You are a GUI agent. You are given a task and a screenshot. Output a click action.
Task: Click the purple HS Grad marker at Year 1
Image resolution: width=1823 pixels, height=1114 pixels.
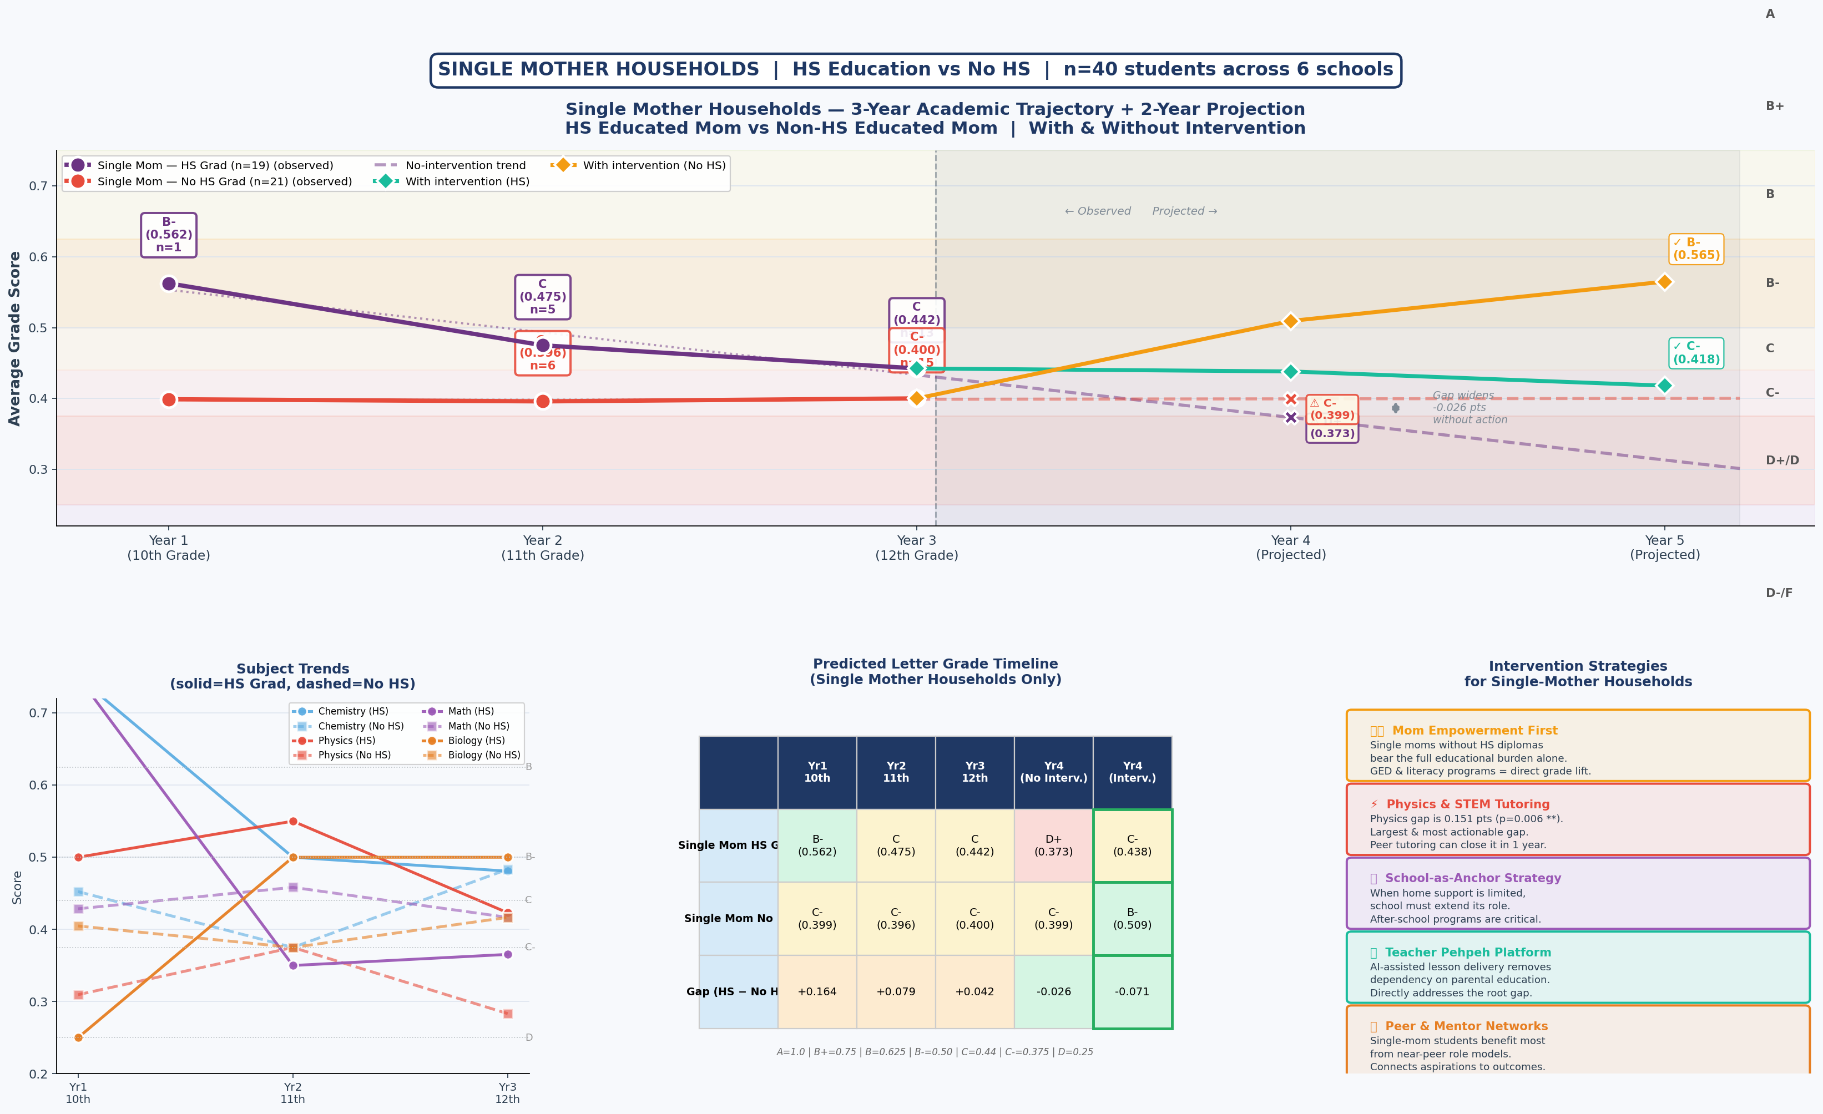pos(169,284)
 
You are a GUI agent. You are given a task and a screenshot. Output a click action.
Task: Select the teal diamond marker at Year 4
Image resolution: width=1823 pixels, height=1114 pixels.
pos(1290,371)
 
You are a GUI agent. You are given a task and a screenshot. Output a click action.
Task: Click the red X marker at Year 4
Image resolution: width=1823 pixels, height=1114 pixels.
pos(1291,399)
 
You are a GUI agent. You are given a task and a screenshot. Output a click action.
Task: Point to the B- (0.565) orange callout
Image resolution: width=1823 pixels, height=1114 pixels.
pos(1696,249)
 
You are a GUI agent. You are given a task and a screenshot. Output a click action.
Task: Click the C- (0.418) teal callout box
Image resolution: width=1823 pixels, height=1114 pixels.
pos(1696,353)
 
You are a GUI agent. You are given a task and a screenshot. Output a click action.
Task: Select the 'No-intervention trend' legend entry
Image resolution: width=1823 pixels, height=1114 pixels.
pos(464,166)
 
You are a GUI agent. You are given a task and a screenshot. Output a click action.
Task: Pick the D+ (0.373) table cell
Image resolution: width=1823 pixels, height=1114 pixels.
pos(1053,845)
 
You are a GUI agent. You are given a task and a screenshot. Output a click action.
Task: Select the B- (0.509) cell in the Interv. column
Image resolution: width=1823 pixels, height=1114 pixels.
pos(1132,919)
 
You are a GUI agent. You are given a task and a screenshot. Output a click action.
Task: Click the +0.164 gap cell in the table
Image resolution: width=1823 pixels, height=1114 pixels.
pos(817,992)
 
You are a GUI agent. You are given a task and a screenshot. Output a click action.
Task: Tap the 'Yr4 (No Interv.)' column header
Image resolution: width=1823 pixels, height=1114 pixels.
pos(1053,772)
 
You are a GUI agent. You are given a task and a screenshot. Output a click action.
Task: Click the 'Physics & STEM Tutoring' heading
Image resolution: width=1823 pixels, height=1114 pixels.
pos(1467,804)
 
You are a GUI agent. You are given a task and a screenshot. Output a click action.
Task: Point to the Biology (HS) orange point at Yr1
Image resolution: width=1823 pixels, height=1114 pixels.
pos(78,1037)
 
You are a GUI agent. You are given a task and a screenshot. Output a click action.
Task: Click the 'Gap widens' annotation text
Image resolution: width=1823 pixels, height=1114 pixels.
pos(1463,396)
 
